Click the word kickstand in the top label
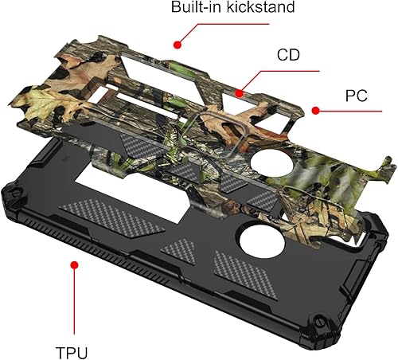(257, 9)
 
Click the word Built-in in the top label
(194, 9)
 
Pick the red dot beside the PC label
(315, 110)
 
